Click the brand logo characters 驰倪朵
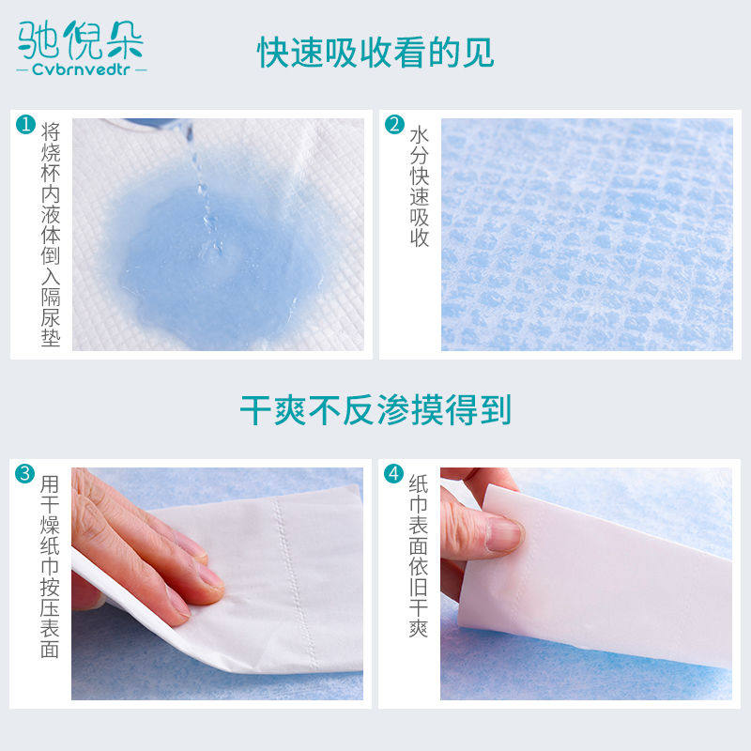click(81, 40)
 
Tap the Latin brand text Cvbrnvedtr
click(81, 69)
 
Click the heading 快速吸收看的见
click(375, 53)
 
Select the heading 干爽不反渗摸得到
click(375, 410)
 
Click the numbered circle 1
click(25, 124)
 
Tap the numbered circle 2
click(394, 124)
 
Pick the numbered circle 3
click(25, 474)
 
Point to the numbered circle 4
click(393, 474)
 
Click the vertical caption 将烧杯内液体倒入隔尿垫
click(51, 234)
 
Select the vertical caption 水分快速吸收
click(419, 187)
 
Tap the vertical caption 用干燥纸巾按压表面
click(50, 567)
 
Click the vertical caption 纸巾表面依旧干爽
click(419, 556)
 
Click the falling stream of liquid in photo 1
click(205, 196)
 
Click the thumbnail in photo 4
click(504, 534)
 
